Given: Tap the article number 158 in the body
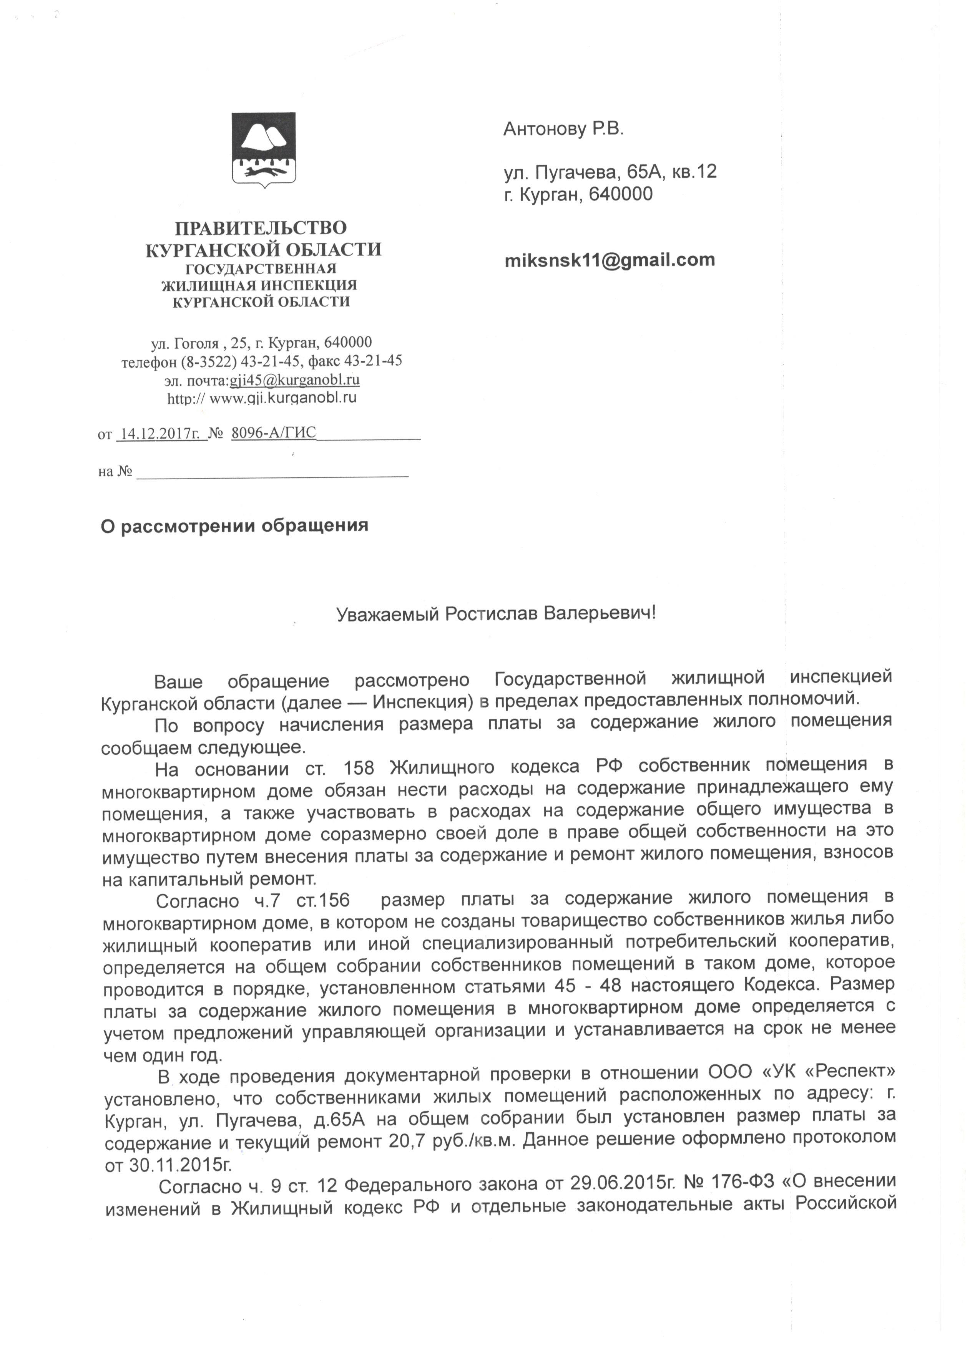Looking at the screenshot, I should pos(358,768).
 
